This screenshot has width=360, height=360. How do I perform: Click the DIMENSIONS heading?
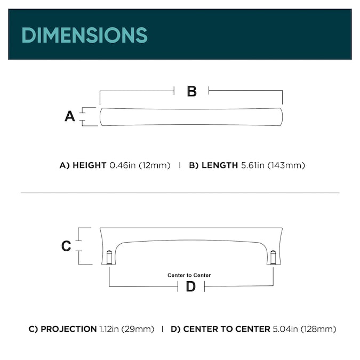84,35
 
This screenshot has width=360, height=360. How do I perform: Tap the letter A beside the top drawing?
70,116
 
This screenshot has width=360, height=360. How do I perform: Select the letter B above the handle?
192,91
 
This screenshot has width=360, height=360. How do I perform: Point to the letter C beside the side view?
66,246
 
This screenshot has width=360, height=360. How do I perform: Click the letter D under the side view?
191,286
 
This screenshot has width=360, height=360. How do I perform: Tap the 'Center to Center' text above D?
189,275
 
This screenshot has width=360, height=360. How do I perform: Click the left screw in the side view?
109,257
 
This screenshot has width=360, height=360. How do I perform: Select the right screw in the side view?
273,257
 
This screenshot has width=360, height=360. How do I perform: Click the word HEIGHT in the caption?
90,165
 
